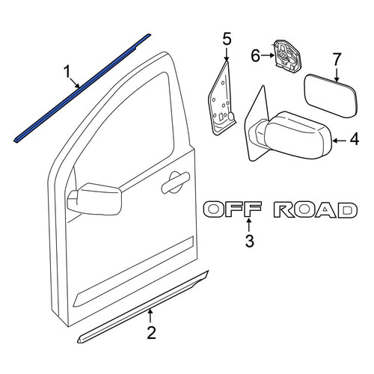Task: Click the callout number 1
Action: tap(67, 72)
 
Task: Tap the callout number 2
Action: tap(151, 333)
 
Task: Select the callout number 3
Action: tap(249, 241)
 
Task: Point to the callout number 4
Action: tap(355, 139)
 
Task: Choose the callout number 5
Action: tap(227, 40)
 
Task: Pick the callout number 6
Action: tap(255, 55)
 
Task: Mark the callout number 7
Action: tap(337, 60)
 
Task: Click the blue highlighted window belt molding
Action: tap(82, 88)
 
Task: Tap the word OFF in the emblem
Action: tap(233, 209)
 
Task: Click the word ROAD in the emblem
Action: tap(316, 209)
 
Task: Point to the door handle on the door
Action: tap(175, 183)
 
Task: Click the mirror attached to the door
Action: tap(94, 199)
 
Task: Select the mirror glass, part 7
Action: tap(331, 96)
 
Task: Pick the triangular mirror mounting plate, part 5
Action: tap(221, 99)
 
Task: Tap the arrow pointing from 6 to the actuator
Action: tap(268, 55)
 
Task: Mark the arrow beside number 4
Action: tap(340, 141)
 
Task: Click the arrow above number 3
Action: tap(248, 224)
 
